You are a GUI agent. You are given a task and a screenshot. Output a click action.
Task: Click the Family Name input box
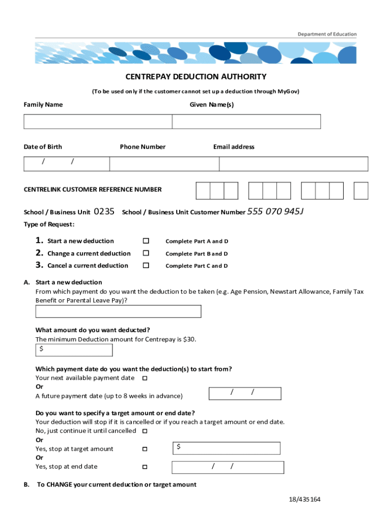click(x=98, y=122)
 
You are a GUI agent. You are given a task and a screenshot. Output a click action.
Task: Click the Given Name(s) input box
click(x=246, y=122)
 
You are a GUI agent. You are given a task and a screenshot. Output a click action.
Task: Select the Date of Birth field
click(x=67, y=164)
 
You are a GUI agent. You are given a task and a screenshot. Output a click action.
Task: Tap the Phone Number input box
click(x=164, y=164)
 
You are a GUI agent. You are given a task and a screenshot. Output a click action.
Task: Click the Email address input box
click(x=294, y=164)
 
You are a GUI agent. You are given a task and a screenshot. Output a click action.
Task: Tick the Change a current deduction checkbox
click(x=146, y=253)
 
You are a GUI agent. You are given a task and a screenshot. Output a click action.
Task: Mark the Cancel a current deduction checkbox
click(x=146, y=266)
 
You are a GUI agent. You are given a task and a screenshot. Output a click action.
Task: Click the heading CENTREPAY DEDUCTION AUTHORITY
click(x=196, y=77)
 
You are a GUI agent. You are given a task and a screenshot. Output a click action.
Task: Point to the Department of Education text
click(x=327, y=34)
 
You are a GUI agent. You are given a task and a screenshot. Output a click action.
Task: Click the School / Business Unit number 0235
click(x=104, y=212)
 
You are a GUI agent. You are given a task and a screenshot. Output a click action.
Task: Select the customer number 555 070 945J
click(x=275, y=212)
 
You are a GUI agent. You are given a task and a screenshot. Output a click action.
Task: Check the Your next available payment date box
click(x=145, y=378)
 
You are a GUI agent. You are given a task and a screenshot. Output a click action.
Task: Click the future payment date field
click(x=245, y=393)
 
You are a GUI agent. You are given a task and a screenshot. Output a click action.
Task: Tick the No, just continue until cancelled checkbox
click(x=145, y=431)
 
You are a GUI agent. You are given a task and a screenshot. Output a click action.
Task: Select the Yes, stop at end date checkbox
click(x=145, y=467)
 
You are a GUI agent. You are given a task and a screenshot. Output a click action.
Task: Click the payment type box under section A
click(x=118, y=311)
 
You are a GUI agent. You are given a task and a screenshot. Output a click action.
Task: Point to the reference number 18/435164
click(x=304, y=500)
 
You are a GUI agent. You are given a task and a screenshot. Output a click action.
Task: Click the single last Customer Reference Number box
click(x=361, y=190)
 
